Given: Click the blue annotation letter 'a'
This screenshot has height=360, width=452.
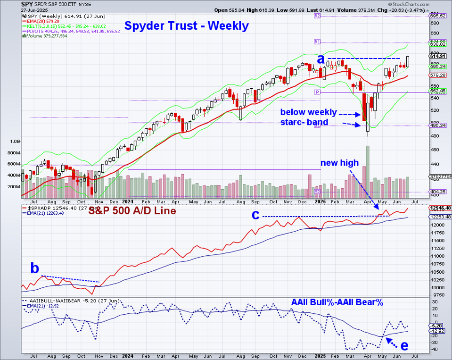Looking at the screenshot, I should click(321, 59).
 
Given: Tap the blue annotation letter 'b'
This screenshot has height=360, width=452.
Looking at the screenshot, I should click(34, 268).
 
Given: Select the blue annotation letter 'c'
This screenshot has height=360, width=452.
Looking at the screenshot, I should click(255, 215).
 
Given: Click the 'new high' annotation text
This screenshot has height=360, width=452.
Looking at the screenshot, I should click(339, 163).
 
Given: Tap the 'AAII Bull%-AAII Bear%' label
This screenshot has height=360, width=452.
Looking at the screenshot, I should click(337, 302).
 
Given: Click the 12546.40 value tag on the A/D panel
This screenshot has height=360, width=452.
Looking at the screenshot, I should click(440, 208).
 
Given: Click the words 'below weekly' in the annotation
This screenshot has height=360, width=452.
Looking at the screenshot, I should click(308, 112).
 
